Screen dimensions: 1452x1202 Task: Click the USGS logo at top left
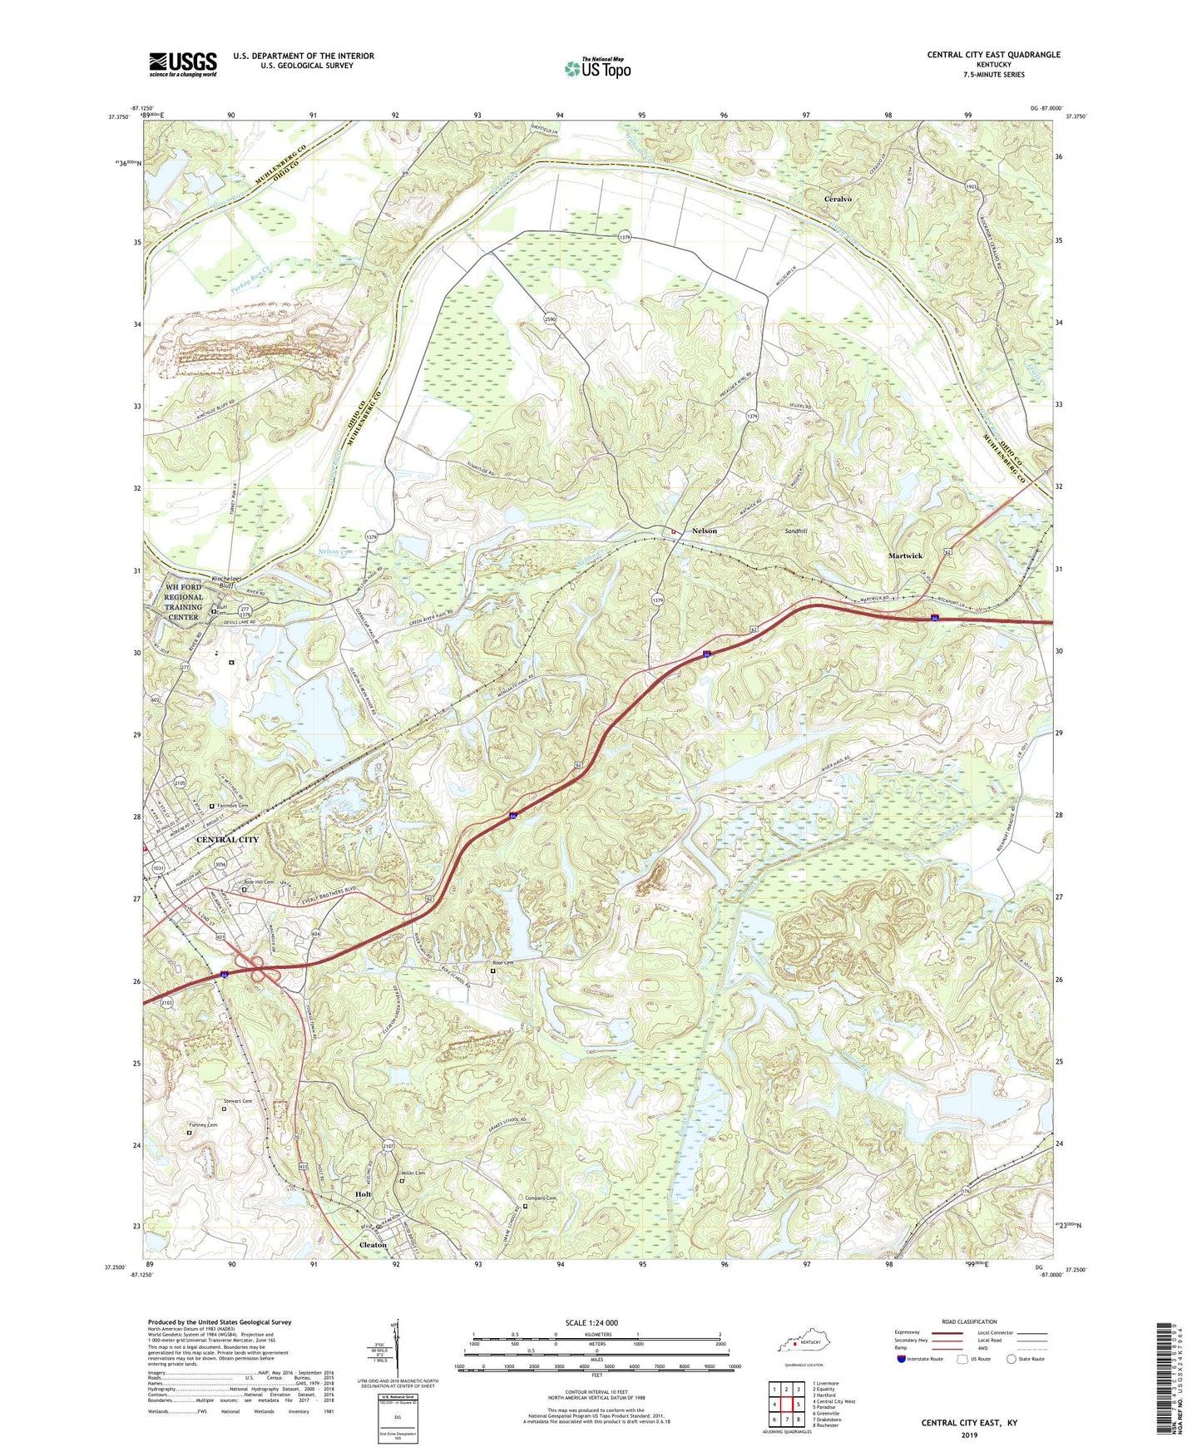183,64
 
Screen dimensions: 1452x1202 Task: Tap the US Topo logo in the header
597,68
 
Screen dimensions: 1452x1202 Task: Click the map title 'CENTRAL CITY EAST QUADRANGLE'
993,55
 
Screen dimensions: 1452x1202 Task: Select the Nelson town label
704,531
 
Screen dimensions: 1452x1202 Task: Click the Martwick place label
905,556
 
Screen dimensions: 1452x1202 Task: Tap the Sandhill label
796,531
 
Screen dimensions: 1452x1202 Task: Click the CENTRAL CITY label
227,840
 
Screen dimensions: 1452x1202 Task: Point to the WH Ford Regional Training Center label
183,602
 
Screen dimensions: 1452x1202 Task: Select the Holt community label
363,1194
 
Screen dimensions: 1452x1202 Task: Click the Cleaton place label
373,1245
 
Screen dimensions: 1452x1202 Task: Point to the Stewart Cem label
237,1101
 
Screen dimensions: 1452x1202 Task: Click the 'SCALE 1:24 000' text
591,1322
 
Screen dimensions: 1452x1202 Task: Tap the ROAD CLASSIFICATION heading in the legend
969,1321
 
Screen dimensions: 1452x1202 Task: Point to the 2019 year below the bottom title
969,1435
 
